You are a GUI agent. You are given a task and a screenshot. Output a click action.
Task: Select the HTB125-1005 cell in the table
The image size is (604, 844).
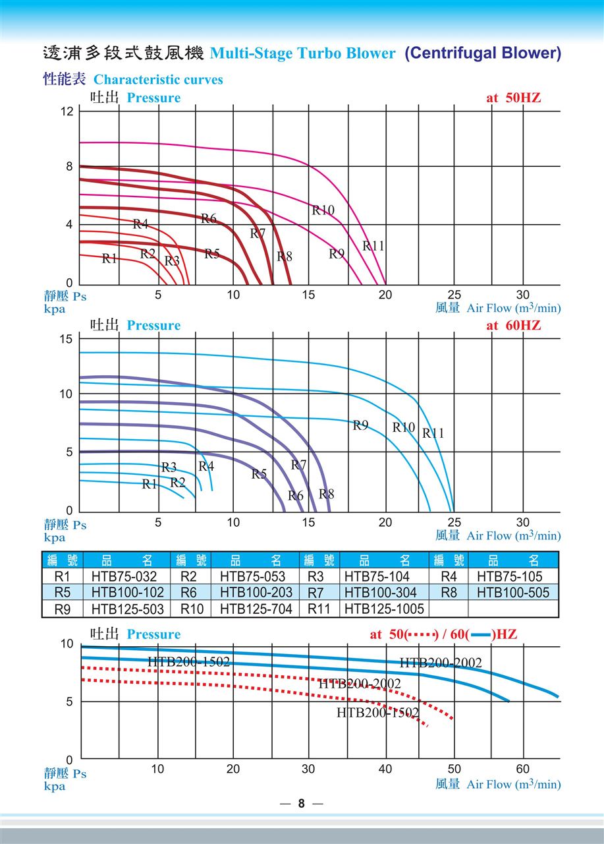point(384,609)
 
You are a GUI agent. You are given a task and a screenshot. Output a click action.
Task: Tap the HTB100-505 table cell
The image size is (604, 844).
point(512,592)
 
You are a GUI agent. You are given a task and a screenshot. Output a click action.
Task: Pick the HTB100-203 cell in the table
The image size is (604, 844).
point(256,592)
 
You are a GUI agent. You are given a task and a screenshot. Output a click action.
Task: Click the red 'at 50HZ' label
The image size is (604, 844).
point(513,98)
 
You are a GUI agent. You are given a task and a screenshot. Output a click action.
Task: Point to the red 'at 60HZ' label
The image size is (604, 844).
point(513,326)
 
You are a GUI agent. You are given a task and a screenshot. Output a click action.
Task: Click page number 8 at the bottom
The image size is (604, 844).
point(302,803)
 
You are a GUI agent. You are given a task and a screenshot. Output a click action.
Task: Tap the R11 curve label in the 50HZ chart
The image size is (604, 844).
point(373,246)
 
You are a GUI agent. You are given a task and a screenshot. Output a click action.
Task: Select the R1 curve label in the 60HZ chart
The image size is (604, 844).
point(150,485)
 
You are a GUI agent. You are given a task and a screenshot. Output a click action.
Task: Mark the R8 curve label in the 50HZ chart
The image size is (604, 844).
point(284,256)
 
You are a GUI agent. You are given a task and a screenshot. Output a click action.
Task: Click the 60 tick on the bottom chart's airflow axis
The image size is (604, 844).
point(522,769)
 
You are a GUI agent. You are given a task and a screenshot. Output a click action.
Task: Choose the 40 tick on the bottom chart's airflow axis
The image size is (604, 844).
point(385,769)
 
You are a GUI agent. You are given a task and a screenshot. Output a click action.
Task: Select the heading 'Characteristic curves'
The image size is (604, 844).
point(158,80)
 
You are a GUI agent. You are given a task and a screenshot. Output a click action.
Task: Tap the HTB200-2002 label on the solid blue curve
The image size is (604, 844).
point(441,663)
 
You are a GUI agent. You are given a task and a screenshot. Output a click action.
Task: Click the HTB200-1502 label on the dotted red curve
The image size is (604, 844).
point(377,712)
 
